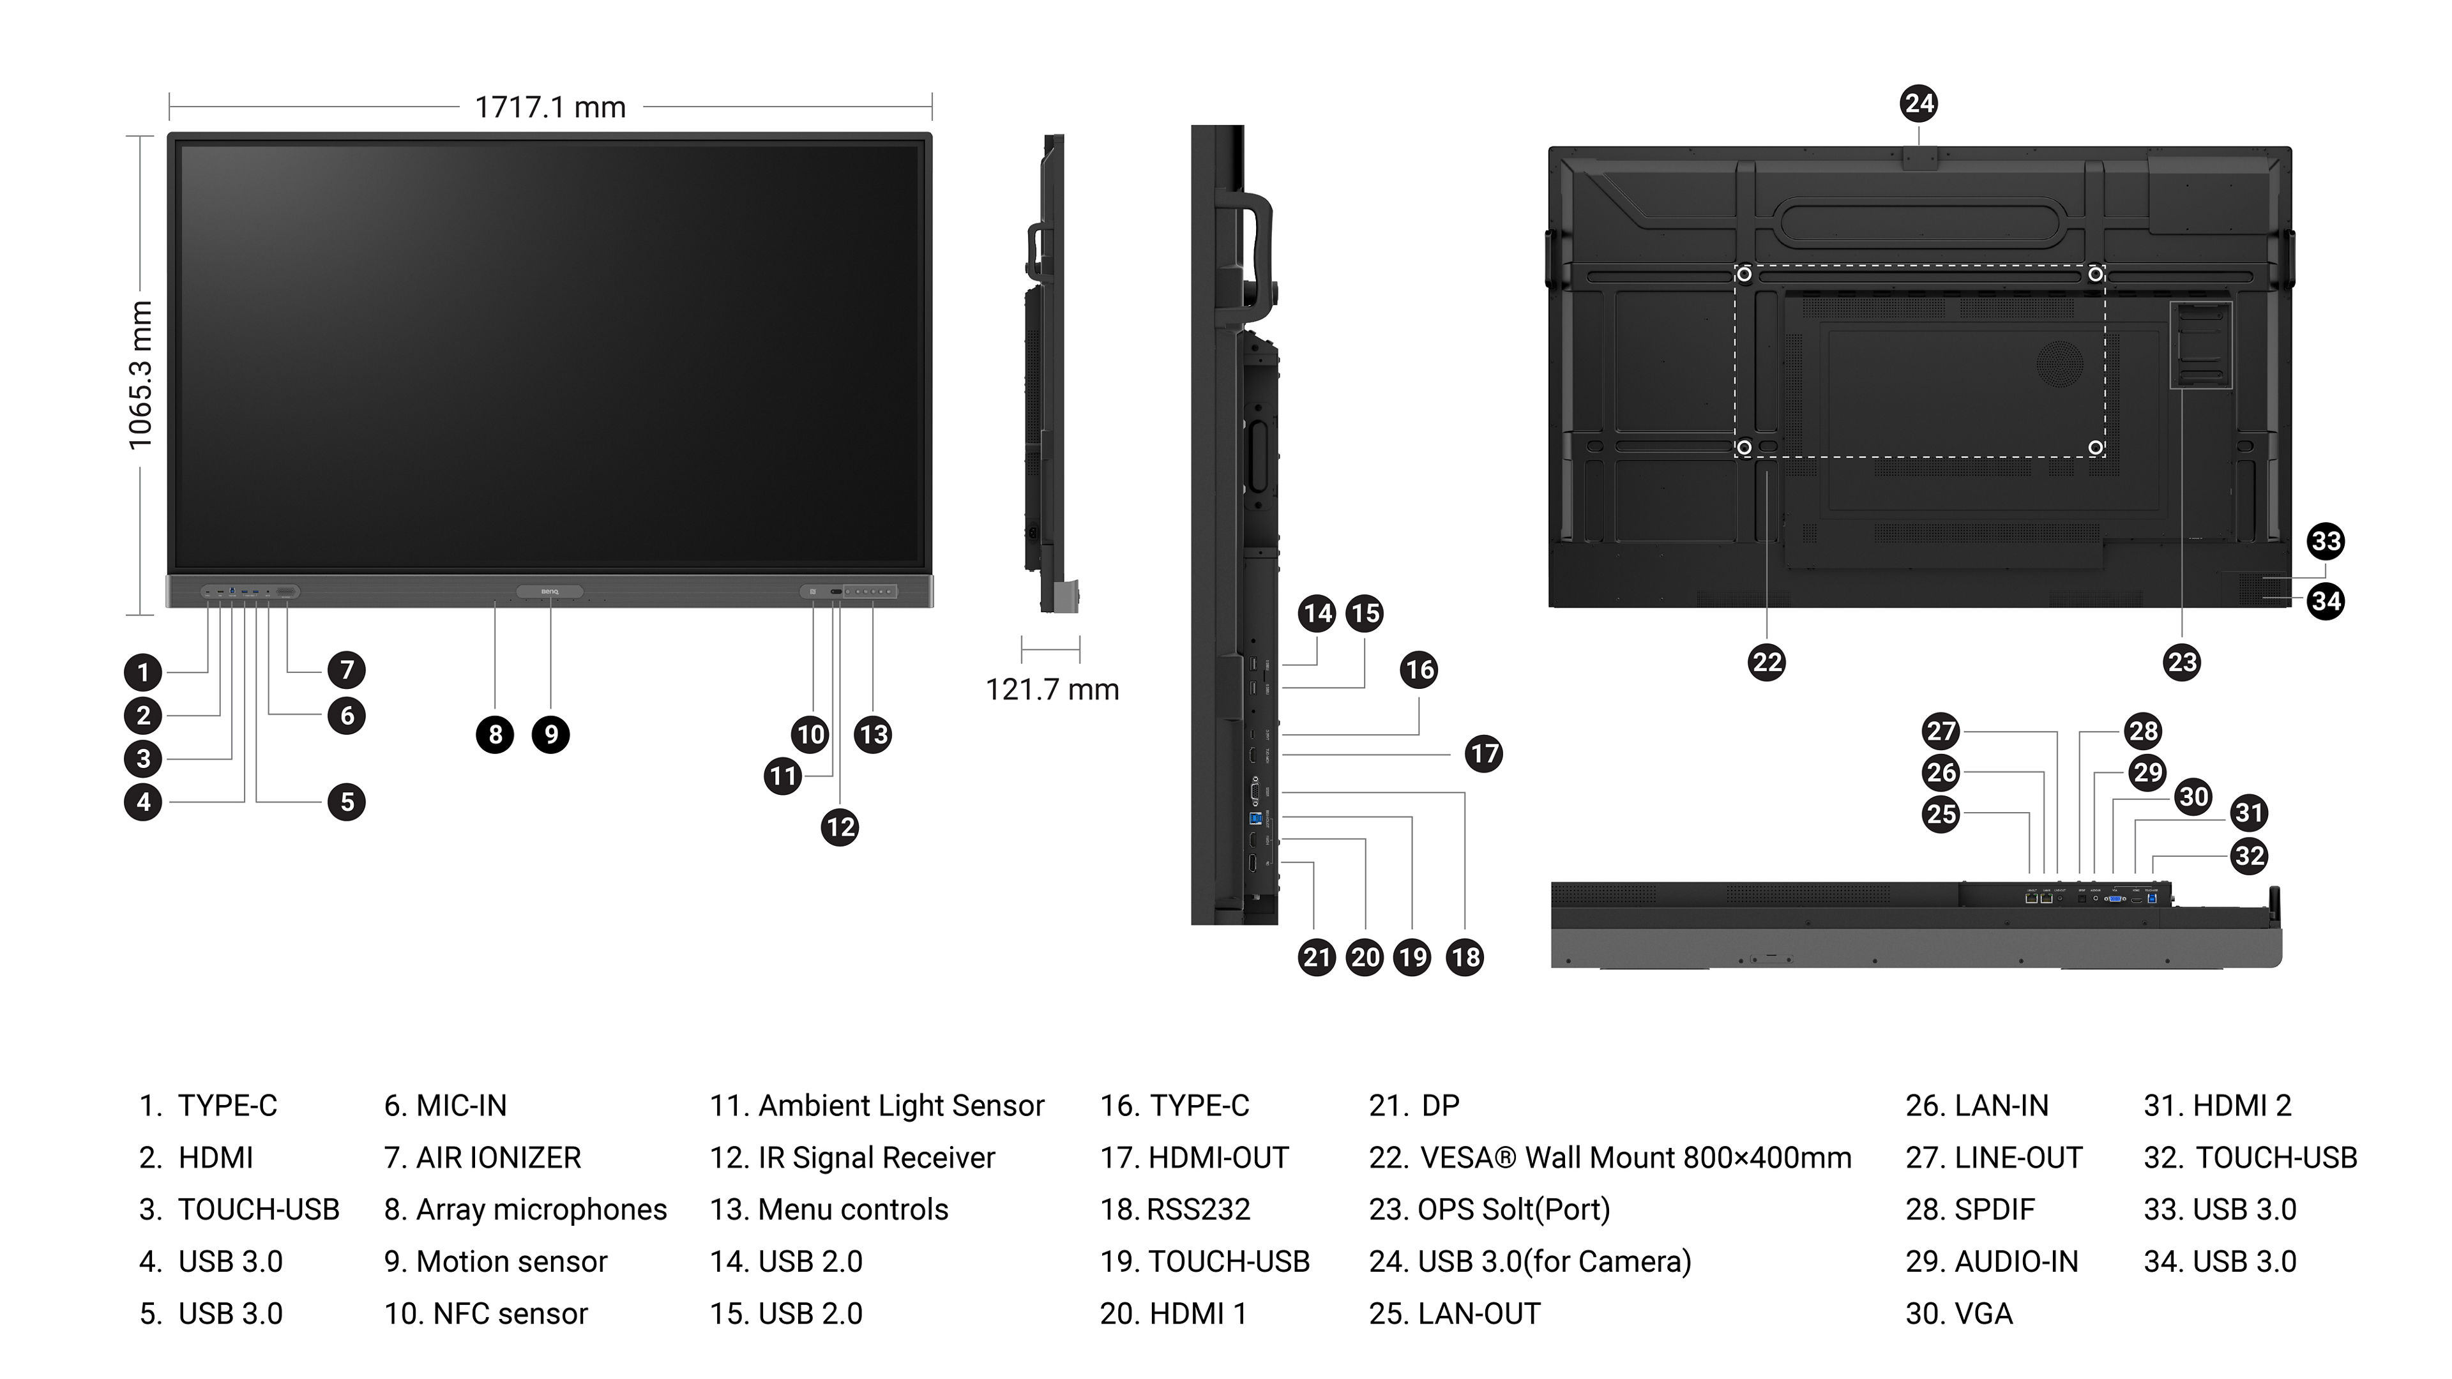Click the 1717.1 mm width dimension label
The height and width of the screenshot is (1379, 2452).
click(x=550, y=107)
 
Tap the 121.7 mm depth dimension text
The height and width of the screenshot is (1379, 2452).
click(x=1052, y=689)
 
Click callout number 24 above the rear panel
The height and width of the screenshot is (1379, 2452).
click(x=1919, y=103)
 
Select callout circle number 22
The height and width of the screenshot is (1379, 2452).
click(x=1767, y=663)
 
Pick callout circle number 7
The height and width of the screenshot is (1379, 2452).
click(x=347, y=670)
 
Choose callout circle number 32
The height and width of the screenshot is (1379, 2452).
click(x=2249, y=855)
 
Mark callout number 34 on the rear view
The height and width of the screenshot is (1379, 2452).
click(x=2326, y=601)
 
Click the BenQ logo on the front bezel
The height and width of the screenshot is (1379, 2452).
click(x=550, y=592)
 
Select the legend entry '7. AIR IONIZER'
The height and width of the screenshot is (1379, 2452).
click(x=483, y=1158)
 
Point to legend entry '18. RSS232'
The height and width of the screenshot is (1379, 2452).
click(x=1176, y=1210)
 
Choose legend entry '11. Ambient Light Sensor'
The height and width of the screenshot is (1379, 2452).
click(x=877, y=1106)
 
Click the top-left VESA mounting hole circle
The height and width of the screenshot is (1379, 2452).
click(x=1744, y=274)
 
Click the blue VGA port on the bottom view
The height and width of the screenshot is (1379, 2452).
click(x=2114, y=898)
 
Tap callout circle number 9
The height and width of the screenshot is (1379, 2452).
click(x=551, y=735)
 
